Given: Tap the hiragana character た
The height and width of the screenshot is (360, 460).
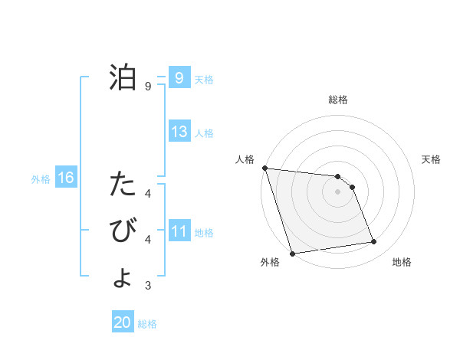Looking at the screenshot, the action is point(123,185).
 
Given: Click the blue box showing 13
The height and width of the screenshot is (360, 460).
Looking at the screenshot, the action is point(179,132).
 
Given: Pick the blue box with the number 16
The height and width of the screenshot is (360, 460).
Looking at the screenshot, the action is point(66,178).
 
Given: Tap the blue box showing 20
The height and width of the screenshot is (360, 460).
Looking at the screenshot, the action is point(123,322).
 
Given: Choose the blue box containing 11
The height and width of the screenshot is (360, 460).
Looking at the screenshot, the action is point(179,231).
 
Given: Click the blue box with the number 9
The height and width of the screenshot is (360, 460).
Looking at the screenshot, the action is point(179,78).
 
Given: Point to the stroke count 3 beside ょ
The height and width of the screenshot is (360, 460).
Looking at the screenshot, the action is point(148,286).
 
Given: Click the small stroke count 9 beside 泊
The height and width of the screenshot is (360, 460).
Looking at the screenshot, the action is point(148,87).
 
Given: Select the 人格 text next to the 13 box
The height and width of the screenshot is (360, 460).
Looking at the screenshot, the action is point(204,133).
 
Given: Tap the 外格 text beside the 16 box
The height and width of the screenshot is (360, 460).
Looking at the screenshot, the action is point(41,179).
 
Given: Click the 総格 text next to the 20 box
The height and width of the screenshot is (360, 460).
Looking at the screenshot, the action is point(147,324).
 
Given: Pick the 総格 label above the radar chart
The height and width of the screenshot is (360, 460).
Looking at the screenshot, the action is point(337,100).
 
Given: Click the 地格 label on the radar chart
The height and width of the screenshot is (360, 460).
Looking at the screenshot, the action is point(402,262).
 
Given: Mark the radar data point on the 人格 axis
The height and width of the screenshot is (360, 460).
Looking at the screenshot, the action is point(264,168).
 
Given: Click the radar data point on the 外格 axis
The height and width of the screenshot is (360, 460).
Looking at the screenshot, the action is point(292,253).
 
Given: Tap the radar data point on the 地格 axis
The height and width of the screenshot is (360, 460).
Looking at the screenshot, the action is point(374,242).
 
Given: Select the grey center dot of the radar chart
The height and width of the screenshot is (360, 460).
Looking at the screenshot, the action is point(337,191).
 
